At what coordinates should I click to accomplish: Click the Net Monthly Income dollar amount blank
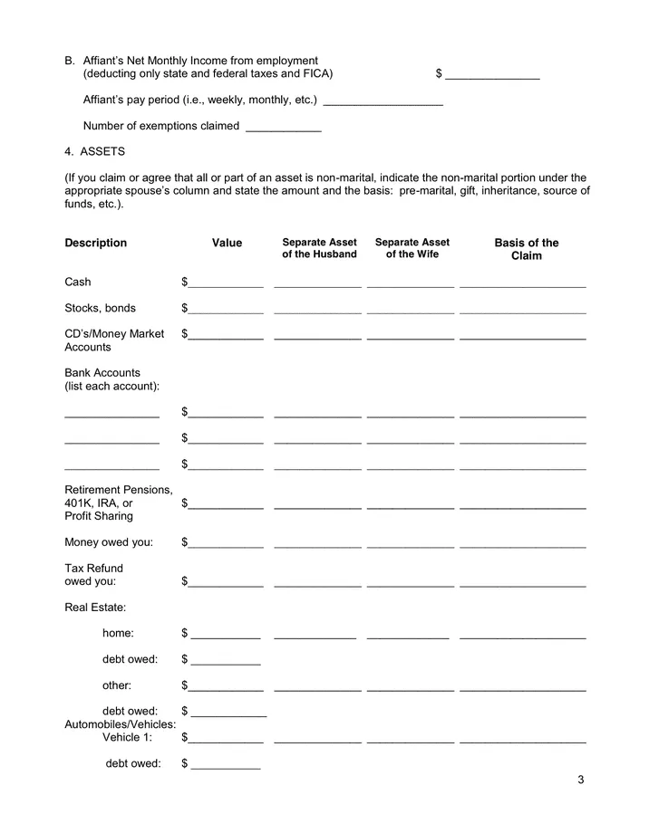492,74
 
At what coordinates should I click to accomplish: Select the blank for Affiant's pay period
383,101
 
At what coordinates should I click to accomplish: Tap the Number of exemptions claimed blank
283,127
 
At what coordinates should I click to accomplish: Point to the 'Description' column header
96,243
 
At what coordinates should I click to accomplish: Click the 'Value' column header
227,243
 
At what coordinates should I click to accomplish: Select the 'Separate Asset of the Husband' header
319,248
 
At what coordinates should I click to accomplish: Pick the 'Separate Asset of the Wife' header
412,248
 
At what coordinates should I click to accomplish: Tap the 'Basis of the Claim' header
526,249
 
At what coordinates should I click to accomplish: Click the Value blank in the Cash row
226,282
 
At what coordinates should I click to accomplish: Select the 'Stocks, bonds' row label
100,308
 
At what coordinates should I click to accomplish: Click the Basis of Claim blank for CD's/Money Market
522,335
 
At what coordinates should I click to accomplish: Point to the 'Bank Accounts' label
102,372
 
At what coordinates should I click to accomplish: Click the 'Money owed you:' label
109,542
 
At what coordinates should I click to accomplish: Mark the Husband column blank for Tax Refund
317,582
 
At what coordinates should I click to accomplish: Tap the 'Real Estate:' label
95,607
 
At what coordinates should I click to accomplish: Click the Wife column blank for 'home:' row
408,634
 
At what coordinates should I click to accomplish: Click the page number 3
580,780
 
